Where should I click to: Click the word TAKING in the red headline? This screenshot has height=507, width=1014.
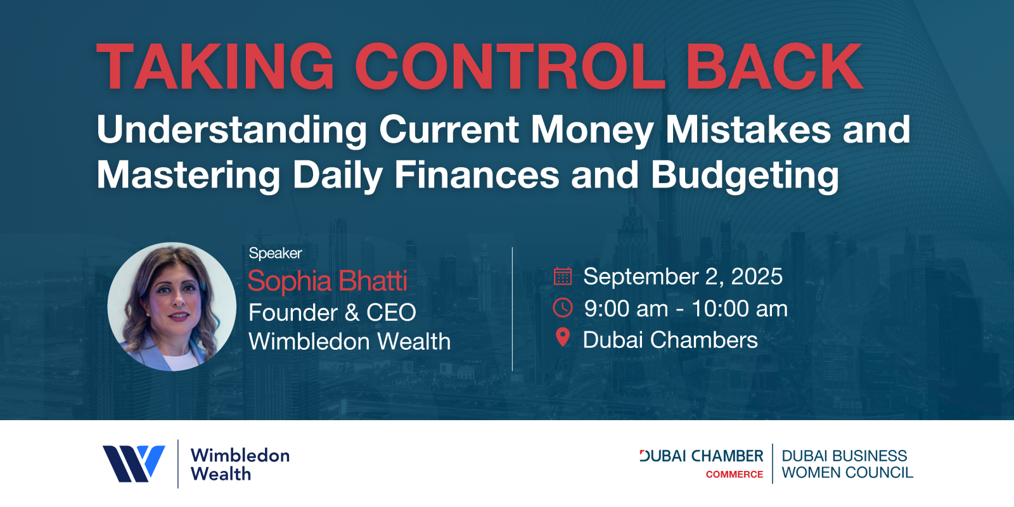click(215, 67)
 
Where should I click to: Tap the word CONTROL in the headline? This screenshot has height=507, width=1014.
click(510, 67)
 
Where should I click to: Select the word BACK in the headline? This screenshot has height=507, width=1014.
click(774, 67)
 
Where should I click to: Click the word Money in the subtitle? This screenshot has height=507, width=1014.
click(592, 131)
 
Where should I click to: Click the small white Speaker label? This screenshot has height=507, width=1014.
click(275, 253)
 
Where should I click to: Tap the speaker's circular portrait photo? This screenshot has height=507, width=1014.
click(172, 307)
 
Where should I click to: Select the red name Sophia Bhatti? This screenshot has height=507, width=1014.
click(328, 281)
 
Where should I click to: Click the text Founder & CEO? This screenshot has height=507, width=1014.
click(332, 312)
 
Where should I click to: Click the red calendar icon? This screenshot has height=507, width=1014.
click(563, 276)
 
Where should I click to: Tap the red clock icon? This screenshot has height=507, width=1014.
click(563, 308)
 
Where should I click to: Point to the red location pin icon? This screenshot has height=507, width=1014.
click(563, 338)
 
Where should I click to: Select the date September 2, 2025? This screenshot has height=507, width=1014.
click(683, 276)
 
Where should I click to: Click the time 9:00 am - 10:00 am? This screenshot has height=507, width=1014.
click(686, 309)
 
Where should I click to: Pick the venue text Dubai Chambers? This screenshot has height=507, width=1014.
click(670, 340)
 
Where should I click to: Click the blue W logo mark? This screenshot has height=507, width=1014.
click(134, 463)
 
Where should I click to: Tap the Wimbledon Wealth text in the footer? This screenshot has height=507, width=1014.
click(240, 465)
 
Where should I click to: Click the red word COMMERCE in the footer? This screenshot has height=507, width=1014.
click(735, 475)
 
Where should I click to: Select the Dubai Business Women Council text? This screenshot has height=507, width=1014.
click(847, 464)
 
